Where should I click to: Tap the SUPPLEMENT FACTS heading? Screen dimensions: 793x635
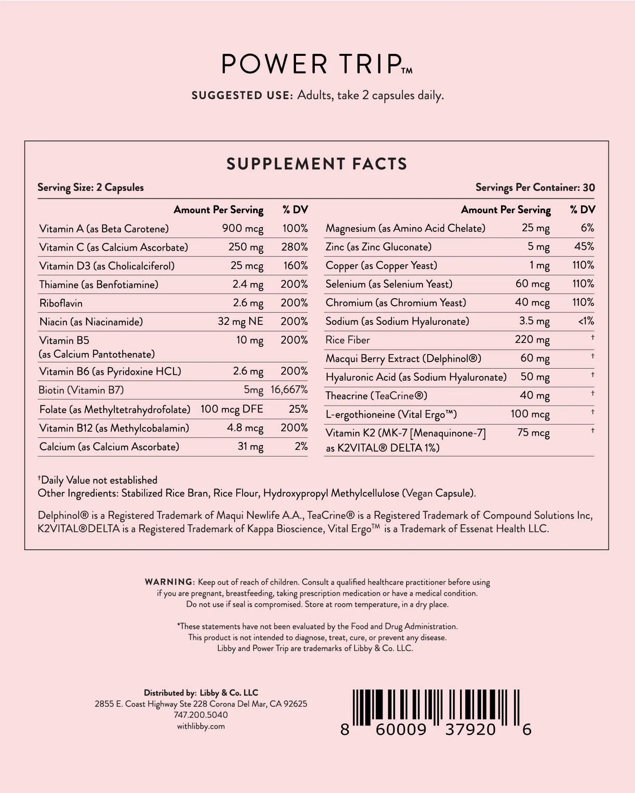click(317, 164)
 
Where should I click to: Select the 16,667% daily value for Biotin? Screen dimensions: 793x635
click(289, 390)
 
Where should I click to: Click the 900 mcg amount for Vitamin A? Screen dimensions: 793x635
click(243, 228)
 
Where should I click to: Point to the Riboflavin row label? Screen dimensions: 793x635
click(61, 303)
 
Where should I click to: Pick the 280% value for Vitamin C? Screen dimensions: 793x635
click(294, 247)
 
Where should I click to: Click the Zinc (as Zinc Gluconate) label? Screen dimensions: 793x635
click(378, 247)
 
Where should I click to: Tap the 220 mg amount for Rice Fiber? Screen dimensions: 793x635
click(532, 339)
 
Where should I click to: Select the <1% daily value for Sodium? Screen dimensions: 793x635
click(586, 321)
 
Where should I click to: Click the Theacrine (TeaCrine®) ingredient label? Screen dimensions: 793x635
click(376, 396)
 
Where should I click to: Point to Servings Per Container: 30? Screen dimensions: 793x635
click(535, 187)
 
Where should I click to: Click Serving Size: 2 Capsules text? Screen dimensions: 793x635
click(91, 187)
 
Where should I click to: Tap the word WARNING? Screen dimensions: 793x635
click(168, 582)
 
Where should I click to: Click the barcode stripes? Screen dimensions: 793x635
click(436, 707)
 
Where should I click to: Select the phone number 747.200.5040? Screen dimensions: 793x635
click(201, 715)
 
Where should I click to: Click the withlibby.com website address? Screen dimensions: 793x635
click(201, 726)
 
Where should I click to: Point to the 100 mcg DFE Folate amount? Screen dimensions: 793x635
click(232, 409)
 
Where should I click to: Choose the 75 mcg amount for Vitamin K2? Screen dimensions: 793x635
click(533, 433)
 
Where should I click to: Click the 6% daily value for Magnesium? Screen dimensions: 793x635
click(587, 228)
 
